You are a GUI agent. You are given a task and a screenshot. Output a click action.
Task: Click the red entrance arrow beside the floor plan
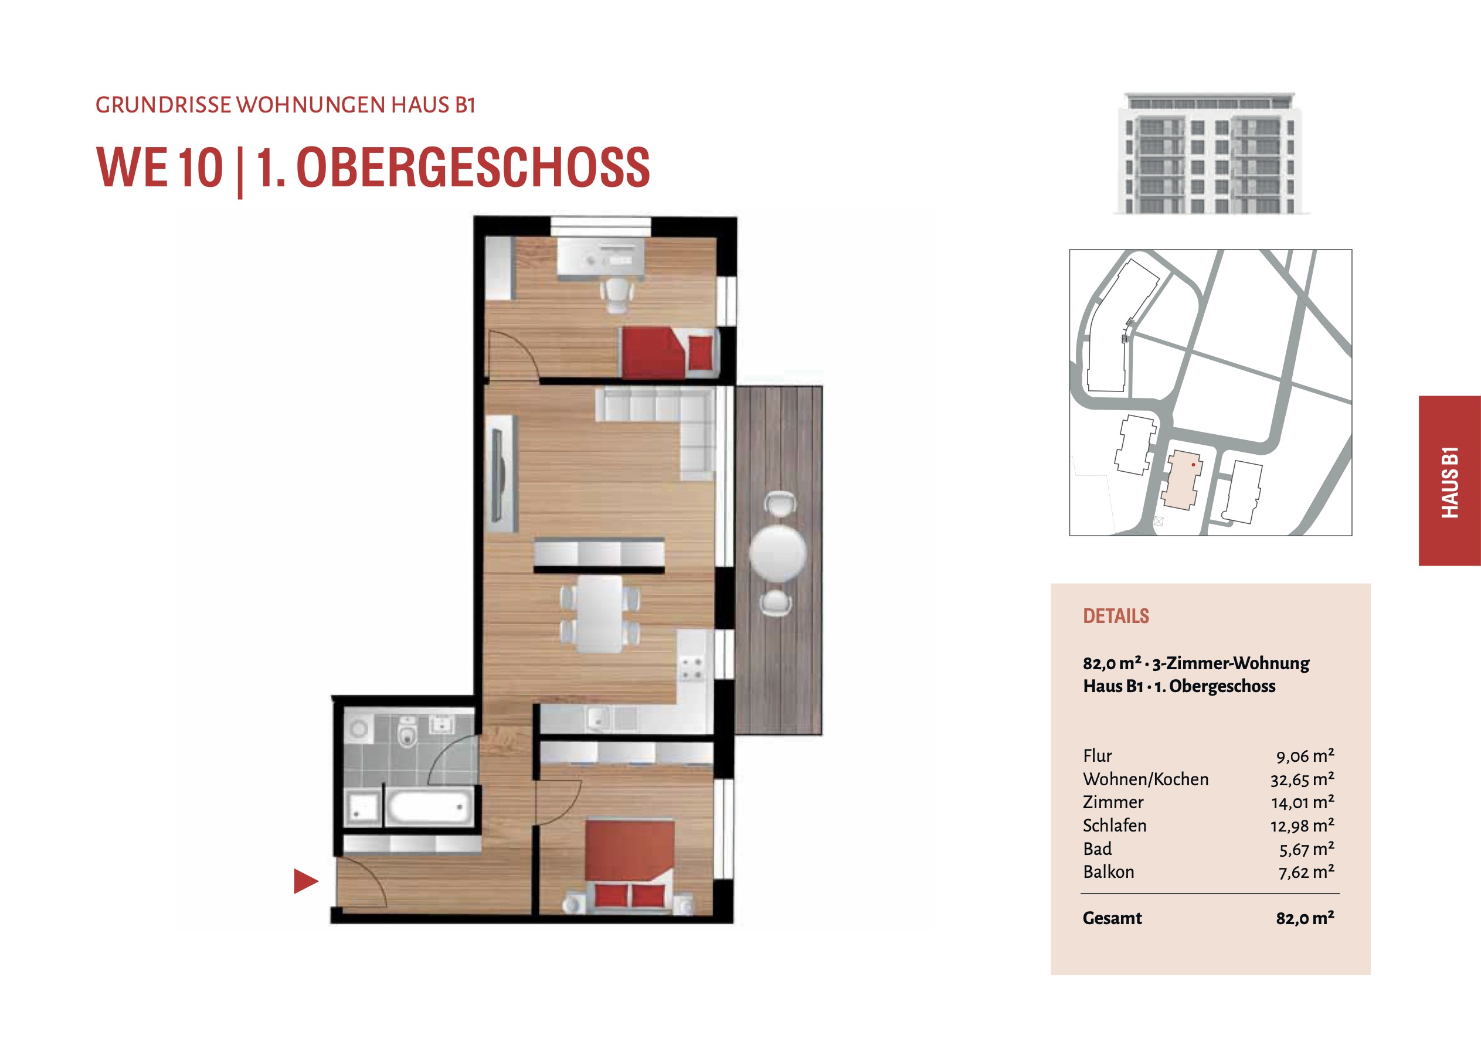tap(305, 881)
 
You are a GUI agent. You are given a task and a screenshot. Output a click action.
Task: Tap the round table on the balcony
tap(778, 553)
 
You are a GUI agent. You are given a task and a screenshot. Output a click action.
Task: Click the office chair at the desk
tap(617, 294)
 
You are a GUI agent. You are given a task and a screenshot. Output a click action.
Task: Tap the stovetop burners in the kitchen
tap(691, 667)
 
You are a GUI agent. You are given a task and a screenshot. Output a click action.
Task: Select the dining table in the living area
tap(600, 614)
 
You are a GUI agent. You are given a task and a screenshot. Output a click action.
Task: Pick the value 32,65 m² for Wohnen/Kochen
tap(1302, 779)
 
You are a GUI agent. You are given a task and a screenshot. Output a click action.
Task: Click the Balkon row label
tap(1108, 872)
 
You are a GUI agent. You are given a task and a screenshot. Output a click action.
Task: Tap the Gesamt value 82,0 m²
tap(1305, 918)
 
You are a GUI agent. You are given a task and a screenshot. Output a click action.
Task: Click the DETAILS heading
tap(1116, 616)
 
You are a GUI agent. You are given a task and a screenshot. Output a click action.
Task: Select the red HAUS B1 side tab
tap(1449, 481)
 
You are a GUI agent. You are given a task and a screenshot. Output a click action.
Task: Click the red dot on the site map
tap(1193, 464)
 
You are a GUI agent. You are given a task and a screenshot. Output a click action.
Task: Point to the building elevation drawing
tap(1211, 153)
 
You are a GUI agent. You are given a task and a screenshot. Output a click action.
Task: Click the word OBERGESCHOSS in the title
tap(472, 168)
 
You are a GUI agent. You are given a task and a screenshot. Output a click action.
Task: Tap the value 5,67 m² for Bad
tap(1306, 849)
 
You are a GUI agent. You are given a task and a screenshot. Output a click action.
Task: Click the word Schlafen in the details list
tap(1115, 826)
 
